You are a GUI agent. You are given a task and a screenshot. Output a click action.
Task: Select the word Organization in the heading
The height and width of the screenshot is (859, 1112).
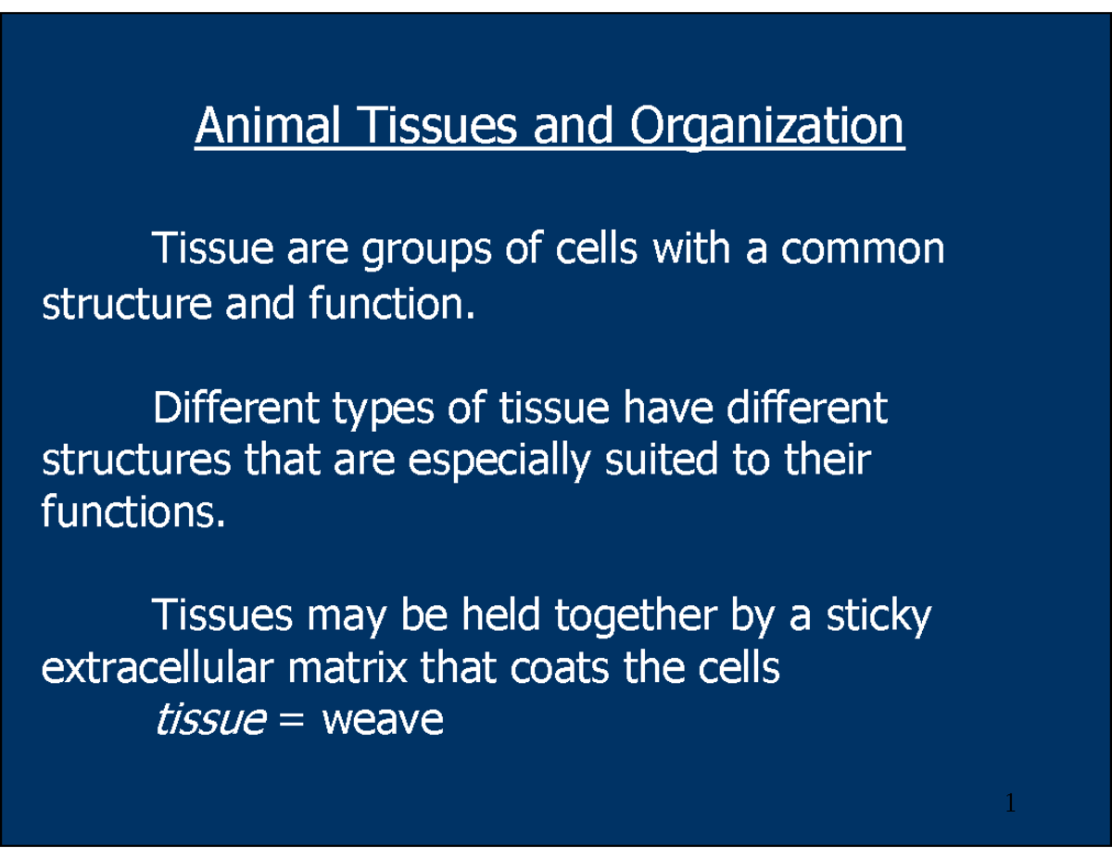765,126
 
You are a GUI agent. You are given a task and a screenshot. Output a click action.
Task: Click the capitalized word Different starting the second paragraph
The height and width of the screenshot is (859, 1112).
234,409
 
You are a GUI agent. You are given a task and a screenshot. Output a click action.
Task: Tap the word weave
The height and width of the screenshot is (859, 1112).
382,720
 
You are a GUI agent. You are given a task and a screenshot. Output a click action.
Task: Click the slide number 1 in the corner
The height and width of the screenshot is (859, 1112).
1011,803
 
